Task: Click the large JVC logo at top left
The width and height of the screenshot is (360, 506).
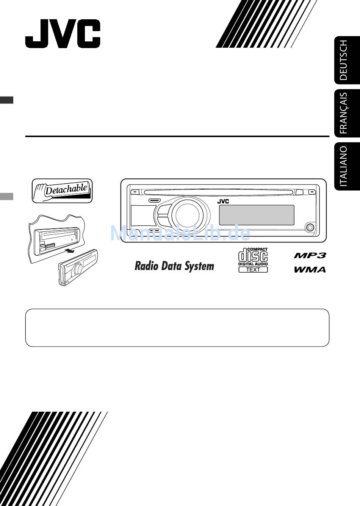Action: click(63, 34)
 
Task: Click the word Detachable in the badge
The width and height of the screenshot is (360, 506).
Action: click(66, 189)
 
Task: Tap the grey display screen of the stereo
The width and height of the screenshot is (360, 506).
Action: click(257, 215)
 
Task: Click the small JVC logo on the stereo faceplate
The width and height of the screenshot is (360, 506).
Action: click(223, 201)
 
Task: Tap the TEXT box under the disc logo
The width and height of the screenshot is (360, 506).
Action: click(253, 270)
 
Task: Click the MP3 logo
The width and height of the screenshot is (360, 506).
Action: click(310, 255)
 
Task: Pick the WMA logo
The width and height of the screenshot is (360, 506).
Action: click(310, 270)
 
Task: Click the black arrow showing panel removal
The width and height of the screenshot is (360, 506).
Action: click(69, 251)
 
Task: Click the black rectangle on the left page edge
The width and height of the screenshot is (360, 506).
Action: click(6, 100)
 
